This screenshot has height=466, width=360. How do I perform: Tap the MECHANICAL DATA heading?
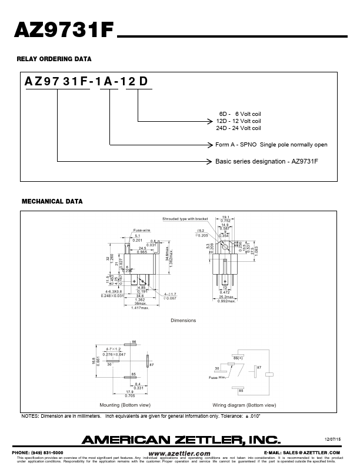52,201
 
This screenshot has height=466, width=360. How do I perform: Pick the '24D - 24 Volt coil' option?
238,128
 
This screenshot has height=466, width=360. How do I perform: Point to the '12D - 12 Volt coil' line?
238,121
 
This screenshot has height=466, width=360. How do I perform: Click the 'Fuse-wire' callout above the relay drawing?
143,230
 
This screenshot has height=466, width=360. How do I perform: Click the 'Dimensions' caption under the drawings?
183,320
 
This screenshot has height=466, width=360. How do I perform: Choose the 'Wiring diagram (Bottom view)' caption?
244,405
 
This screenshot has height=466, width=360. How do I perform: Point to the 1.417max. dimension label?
141,308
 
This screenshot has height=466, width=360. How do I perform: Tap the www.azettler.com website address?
179,453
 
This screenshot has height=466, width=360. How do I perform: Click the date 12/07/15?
333,439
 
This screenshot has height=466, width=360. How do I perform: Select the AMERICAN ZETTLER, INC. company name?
181,439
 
